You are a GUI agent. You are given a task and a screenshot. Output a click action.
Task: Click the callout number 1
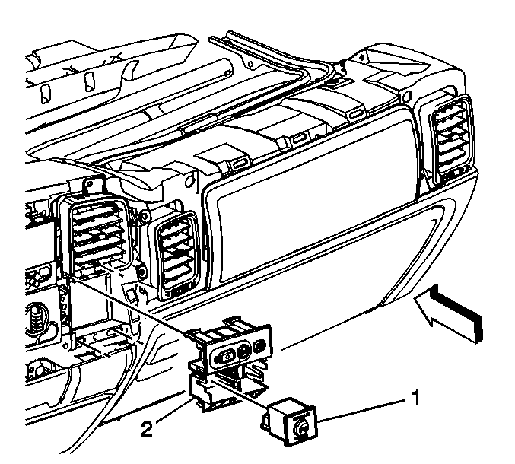pos(416,398)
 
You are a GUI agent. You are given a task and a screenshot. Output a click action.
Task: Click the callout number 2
pos(147,429)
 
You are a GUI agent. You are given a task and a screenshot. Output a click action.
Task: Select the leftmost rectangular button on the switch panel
pos(225,357)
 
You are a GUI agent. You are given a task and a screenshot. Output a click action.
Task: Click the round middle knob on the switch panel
pos(244,351)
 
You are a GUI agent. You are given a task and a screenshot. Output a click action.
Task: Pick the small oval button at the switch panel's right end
pos(259,346)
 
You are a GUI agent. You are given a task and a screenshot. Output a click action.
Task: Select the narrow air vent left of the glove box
pos(178,255)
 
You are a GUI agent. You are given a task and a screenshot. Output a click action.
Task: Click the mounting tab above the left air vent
pos(93,186)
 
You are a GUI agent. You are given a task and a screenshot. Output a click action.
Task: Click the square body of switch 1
pos(289,421)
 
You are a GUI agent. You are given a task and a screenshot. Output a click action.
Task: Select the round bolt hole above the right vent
pos(407,96)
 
